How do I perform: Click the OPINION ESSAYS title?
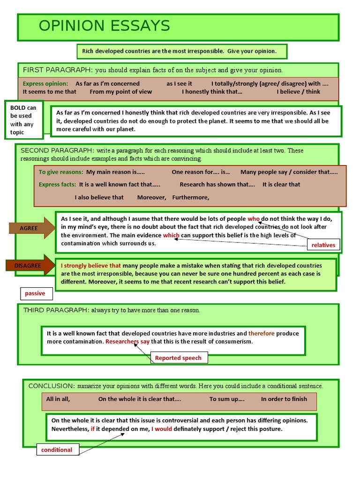[104, 26]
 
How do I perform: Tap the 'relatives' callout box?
[323, 245]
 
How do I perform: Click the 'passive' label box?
[36, 293]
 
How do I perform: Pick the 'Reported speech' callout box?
[178, 358]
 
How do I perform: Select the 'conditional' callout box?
[57, 450]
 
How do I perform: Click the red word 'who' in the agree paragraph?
[254, 219]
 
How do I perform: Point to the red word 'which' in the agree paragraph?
[171, 235]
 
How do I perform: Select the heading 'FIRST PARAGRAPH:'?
[58, 70]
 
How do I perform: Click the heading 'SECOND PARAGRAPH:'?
[57, 150]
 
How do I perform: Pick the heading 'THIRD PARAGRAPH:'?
[56, 310]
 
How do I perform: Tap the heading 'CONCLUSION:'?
[52, 386]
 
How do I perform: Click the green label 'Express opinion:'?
[45, 83]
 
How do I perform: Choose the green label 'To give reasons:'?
[61, 172]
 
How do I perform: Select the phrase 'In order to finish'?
[284, 399]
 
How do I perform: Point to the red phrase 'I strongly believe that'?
[91, 265]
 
